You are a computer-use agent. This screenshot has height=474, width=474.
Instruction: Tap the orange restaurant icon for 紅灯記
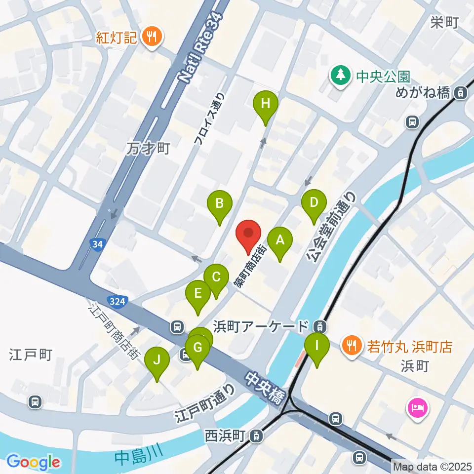point(151,36)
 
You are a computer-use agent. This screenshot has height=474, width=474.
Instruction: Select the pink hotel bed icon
point(418,408)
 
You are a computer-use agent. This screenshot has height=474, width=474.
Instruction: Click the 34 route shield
point(97,243)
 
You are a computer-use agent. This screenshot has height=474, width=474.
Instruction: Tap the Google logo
point(34,462)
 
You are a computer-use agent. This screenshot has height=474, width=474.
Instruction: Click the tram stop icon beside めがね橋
point(460,92)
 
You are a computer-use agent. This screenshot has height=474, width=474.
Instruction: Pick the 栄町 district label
point(444,22)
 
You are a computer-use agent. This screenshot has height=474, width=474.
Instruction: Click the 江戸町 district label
point(31,354)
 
